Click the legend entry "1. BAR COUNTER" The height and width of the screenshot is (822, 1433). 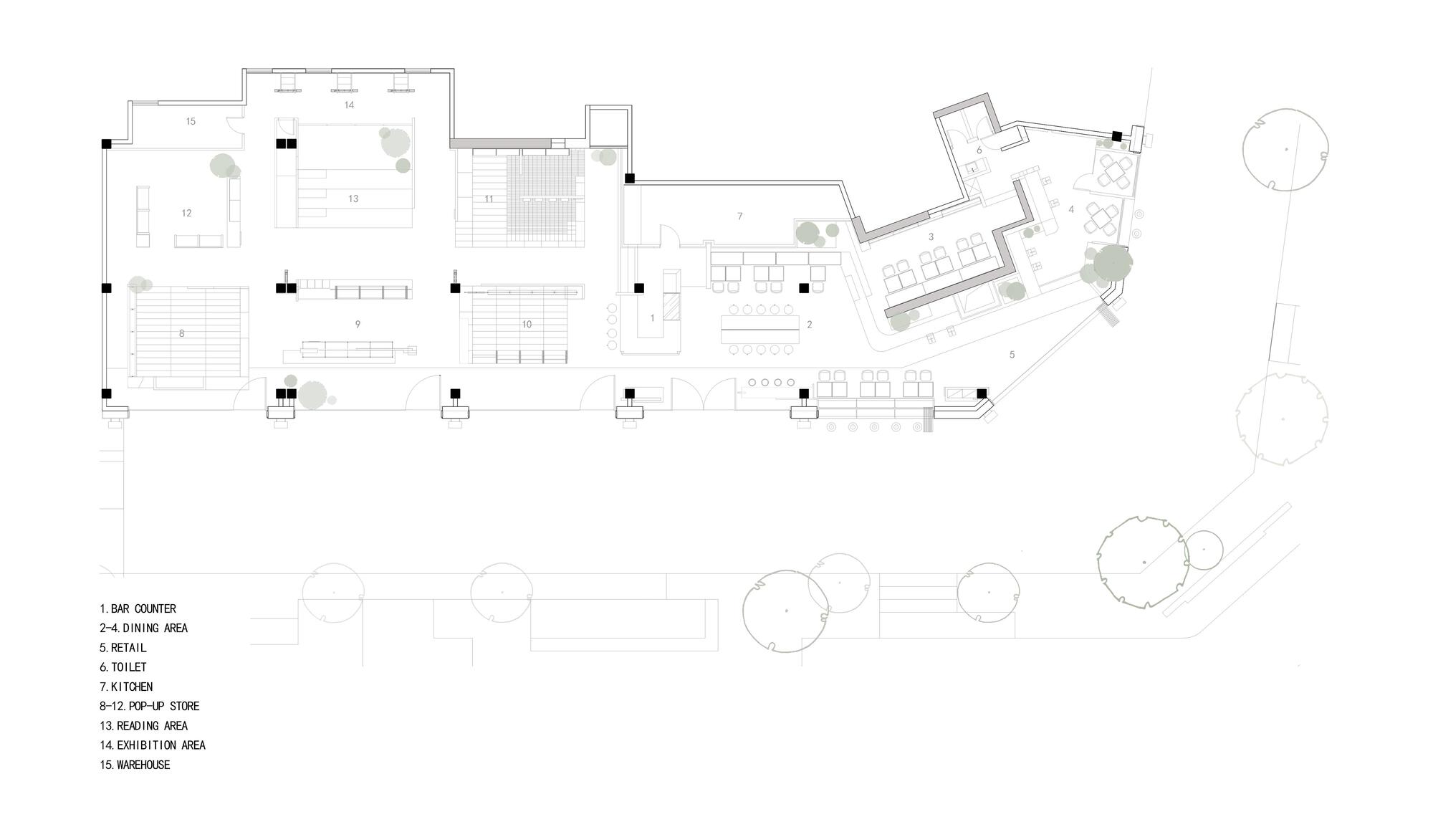tap(138, 608)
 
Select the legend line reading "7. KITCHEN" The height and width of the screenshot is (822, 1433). tap(126, 687)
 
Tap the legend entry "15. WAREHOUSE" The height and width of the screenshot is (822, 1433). tap(135, 765)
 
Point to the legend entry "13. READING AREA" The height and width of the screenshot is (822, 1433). tap(143, 725)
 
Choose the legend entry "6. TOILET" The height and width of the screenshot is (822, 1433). tap(123, 666)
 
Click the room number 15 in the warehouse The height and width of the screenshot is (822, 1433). tap(191, 121)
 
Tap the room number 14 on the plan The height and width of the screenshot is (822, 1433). tap(349, 105)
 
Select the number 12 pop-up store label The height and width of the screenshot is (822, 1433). tap(186, 213)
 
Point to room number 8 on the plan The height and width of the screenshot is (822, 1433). tap(182, 333)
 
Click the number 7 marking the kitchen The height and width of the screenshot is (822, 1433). tap(740, 216)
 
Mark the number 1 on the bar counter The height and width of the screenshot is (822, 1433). tap(652, 317)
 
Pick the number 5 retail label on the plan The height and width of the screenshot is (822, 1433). tap(1012, 354)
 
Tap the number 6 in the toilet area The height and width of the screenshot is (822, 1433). tap(979, 150)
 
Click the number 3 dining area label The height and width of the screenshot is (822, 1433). tap(931, 236)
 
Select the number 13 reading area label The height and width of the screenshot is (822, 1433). tap(353, 199)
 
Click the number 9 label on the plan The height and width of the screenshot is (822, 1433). tap(358, 324)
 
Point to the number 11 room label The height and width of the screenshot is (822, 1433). tap(489, 199)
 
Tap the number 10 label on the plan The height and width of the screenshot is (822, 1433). tap(527, 325)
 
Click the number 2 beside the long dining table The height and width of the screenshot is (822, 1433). tap(810, 325)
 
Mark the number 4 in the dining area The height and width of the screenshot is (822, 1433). tap(1071, 209)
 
